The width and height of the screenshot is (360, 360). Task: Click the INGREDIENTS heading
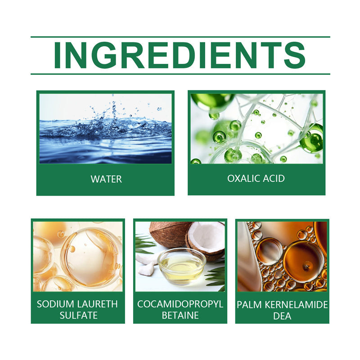tap(180, 55)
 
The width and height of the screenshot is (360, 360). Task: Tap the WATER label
tap(106, 179)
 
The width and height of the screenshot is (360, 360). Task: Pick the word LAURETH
tap(96, 304)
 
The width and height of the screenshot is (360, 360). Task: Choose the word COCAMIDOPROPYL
tap(180, 304)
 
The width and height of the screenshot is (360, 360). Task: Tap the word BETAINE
tap(180, 315)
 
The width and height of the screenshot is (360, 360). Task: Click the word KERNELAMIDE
tap(294, 305)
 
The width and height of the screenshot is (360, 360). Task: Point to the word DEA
tap(282, 316)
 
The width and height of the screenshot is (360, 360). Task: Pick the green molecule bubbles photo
tap(256, 128)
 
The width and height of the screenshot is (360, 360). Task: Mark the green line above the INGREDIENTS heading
tap(180, 37)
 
